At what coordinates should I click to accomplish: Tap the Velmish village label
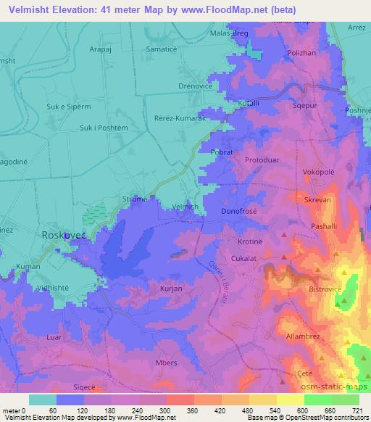185,207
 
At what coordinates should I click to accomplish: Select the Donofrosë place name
240,211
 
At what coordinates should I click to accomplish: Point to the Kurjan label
170,288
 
